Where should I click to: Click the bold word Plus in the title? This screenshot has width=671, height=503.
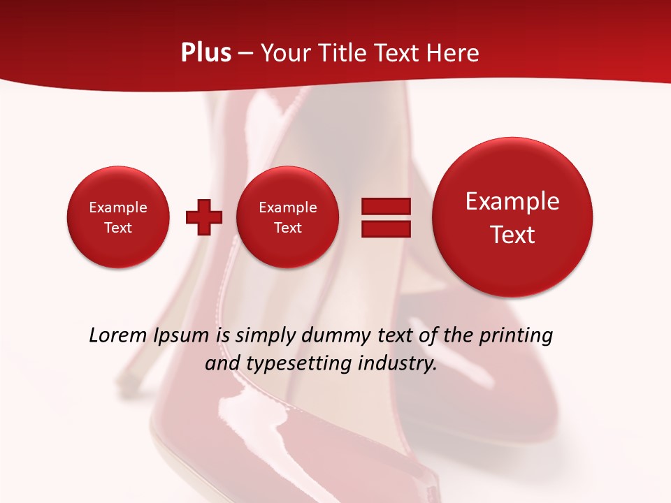tap(205, 53)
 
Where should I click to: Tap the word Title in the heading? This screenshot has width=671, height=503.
tap(346, 53)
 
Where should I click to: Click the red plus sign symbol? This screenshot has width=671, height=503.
tap(204, 217)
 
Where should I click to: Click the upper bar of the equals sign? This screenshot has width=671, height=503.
tap(386, 206)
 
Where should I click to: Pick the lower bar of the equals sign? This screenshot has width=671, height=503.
tap(386, 228)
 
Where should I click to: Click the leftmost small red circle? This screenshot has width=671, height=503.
tap(118, 217)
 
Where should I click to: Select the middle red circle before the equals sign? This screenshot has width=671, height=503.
tap(287, 217)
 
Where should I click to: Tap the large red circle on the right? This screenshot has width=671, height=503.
tap(512, 217)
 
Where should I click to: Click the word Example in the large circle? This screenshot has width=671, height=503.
tap(512, 201)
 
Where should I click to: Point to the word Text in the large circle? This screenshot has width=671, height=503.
tap(512, 235)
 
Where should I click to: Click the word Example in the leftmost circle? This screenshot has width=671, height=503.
tap(118, 207)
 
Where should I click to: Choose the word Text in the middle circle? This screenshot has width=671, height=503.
tap(287, 228)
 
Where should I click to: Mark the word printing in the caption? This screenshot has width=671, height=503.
tap(516, 336)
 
